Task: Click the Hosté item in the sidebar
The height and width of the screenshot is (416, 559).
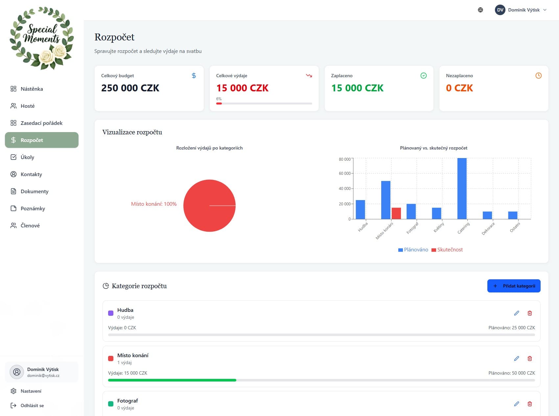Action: click(x=28, y=106)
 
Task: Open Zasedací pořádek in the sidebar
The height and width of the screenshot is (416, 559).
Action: click(x=41, y=123)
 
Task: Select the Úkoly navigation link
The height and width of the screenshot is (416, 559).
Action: click(x=27, y=157)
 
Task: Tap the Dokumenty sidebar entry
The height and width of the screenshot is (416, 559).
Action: click(x=34, y=191)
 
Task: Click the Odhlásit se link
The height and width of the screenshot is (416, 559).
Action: click(x=32, y=405)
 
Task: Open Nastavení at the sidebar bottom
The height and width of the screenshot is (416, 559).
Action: click(x=31, y=391)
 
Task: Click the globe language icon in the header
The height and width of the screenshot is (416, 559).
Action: click(x=480, y=10)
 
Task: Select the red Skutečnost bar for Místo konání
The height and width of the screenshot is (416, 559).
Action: click(x=396, y=213)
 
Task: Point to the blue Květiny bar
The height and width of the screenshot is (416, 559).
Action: click(x=436, y=213)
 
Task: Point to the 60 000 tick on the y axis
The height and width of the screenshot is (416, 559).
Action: click(x=345, y=173)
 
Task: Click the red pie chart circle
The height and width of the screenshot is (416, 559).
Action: click(x=209, y=205)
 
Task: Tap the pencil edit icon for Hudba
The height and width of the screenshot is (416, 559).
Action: click(x=517, y=313)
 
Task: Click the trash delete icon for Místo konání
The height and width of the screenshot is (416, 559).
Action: click(x=530, y=358)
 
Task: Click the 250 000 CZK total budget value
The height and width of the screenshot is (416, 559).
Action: click(x=130, y=88)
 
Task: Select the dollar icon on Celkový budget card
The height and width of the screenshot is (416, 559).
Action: click(x=194, y=76)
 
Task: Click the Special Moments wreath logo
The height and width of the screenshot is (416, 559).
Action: click(x=42, y=38)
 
